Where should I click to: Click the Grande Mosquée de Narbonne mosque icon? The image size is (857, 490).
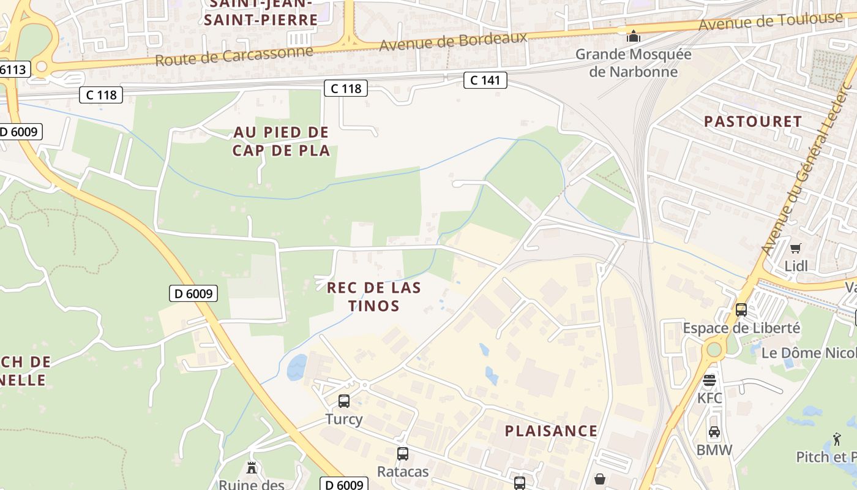tap(633, 36)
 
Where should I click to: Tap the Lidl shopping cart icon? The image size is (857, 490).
tap(795, 248)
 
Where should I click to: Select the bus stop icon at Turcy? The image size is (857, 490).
tap(344, 401)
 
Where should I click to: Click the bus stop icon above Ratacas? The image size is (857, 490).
tap(402, 454)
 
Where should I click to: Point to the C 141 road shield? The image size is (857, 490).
tap(485, 80)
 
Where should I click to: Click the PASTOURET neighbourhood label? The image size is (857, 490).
tap(752, 121)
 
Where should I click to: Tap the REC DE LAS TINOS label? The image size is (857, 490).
tap(373, 296)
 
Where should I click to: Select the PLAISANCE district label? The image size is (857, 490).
tap(551, 431)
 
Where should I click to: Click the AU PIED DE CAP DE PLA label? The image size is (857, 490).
tap(281, 141)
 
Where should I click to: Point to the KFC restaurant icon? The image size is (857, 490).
tap(709, 380)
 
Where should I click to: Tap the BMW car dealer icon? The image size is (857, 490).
tap(714, 432)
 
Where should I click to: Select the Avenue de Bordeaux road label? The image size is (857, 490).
tap(453, 41)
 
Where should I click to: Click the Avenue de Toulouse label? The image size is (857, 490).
tap(770, 21)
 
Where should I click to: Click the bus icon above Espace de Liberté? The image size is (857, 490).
tap(741, 310)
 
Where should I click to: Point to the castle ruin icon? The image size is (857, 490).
tap(251, 468)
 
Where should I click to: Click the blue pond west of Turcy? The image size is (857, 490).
tap(297, 367)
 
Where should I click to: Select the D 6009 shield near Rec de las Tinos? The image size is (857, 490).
tap(193, 293)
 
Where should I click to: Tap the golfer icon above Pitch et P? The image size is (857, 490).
tap(837, 439)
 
